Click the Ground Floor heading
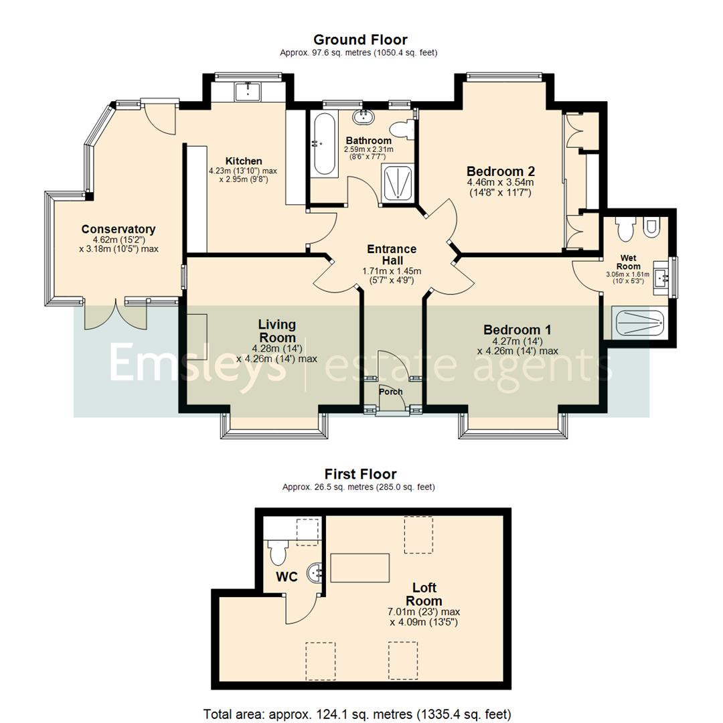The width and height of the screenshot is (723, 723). (360, 39)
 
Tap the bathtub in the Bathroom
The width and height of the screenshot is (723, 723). (325, 144)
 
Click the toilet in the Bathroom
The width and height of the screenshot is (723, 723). (402, 130)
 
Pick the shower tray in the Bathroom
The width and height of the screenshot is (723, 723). (398, 183)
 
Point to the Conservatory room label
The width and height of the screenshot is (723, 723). (118, 229)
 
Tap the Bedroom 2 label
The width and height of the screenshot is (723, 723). (500, 170)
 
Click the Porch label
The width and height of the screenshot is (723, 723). (390, 392)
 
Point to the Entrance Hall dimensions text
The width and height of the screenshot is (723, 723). (392, 275)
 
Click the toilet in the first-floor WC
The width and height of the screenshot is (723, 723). (277, 552)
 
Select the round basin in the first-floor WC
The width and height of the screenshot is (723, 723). (316, 572)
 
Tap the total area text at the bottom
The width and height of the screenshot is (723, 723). (360, 713)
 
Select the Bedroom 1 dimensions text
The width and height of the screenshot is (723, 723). (517, 345)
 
